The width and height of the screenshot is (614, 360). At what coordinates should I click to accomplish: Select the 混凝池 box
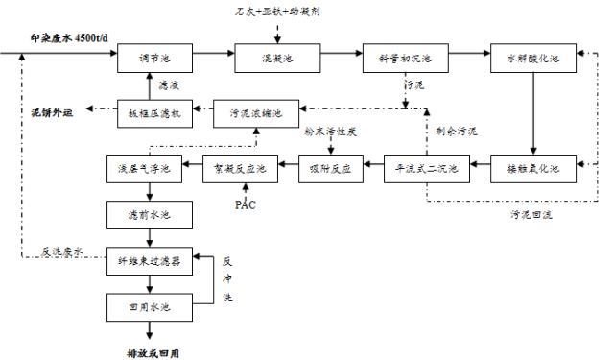tap(276, 59)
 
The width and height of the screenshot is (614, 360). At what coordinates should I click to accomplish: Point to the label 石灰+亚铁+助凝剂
tap(277, 12)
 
